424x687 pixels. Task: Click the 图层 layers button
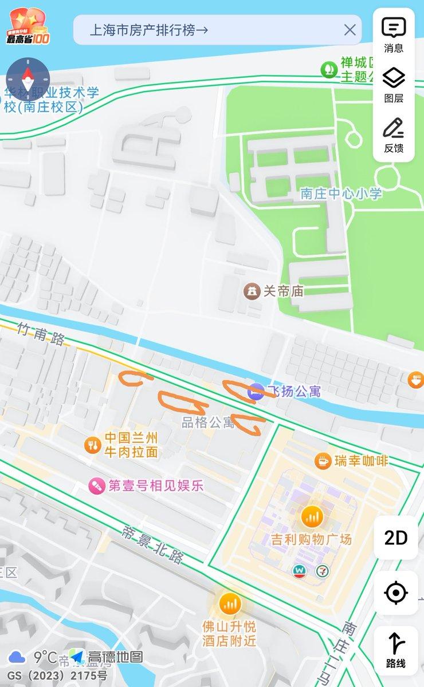click(394, 84)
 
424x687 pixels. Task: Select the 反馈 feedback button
click(394, 135)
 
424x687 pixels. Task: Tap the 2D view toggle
click(396, 538)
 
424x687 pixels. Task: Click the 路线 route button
click(396, 650)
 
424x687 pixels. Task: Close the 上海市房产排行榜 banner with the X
click(350, 30)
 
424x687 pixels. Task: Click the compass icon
click(28, 80)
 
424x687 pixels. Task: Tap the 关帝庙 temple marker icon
click(252, 291)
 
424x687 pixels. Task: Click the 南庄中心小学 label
click(341, 194)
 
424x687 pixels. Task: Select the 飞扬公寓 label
click(296, 392)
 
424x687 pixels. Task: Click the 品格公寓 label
click(208, 423)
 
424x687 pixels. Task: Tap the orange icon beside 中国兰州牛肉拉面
click(92, 444)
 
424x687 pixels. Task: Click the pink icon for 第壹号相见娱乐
click(96, 486)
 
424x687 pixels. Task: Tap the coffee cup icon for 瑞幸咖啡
click(323, 460)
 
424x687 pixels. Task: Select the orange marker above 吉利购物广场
click(312, 517)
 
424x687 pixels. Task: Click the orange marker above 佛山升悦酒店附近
click(229, 603)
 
